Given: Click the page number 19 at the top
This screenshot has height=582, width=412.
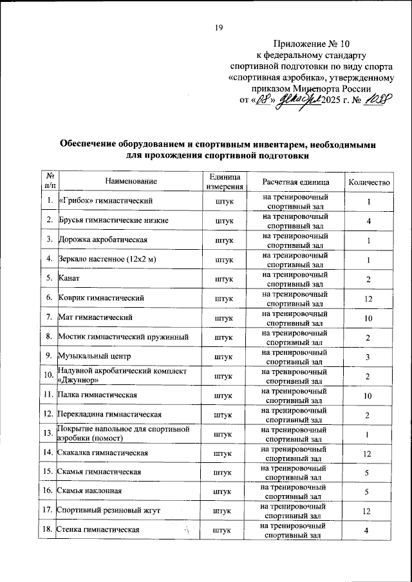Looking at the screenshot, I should pos(218,27).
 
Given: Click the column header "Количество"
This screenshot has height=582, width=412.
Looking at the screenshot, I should pos(369,182).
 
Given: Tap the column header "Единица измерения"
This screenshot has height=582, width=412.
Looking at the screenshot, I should pos(223,182).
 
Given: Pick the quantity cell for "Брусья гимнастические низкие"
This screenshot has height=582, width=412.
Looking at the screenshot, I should pos(368,221).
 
